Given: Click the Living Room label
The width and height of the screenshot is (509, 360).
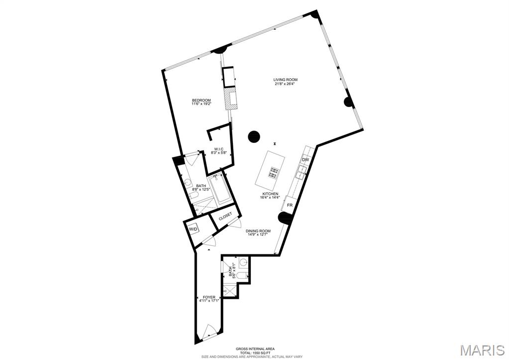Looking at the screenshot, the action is pos(285,80).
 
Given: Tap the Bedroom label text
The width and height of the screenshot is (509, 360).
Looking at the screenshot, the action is pos(202,100).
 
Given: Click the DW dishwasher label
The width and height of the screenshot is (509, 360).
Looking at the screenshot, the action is pos(305,160).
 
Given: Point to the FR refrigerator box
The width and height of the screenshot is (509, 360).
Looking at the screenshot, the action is pos(290,205).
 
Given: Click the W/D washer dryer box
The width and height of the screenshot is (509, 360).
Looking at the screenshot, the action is pos(193,229).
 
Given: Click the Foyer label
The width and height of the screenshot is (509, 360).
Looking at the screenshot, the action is pos(209,297).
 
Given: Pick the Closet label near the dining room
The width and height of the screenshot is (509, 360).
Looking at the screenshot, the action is pos(225,217).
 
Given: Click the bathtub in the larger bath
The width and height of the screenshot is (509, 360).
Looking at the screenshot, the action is pos(219,189).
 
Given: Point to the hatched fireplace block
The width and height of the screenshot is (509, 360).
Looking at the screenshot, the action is pos(230,98).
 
